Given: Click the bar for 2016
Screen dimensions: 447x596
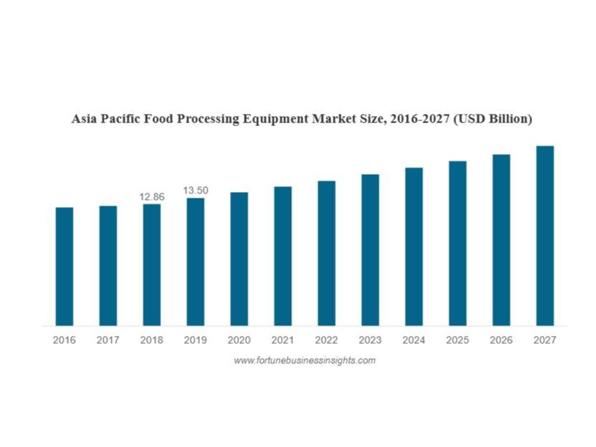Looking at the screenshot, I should coord(64,266).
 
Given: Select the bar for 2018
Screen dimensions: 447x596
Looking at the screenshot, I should coord(151,265).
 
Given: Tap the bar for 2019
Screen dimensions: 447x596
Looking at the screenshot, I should coord(196,261).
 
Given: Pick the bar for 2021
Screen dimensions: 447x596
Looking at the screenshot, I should coord(282,256).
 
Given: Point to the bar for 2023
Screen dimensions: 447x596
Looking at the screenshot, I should coord(370,250).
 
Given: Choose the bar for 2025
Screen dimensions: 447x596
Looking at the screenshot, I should coord(458,244).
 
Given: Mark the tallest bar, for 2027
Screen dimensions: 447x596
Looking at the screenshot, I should coord(545,236).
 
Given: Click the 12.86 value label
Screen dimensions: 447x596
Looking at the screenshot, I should coord(151,196).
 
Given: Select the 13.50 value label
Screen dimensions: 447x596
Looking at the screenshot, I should coord(196,190).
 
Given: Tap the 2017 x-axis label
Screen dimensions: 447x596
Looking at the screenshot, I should coord(108,340).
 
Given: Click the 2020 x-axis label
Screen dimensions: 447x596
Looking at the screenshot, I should coord(239,340).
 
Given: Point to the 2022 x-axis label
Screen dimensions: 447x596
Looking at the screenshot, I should coord(326,340).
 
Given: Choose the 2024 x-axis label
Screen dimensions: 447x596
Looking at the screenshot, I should coord(413,340).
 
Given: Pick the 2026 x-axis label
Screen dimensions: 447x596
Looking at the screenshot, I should coord(501,340).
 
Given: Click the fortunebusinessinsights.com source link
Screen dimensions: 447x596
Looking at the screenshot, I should coord(304,360).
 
